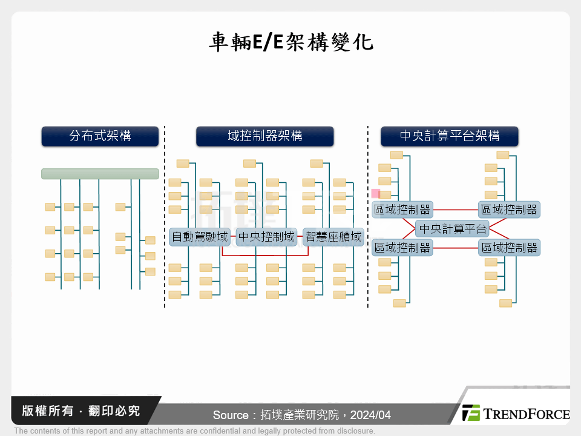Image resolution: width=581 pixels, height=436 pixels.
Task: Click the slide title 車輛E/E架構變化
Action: click(x=290, y=43)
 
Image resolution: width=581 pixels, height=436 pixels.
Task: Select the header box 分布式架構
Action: click(x=100, y=136)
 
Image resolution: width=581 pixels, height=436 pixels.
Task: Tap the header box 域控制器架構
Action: click(x=264, y=136)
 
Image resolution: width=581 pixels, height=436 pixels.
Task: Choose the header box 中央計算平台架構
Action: click(x=450, y=136)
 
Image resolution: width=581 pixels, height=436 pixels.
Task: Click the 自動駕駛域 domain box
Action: click(x=200, y=237)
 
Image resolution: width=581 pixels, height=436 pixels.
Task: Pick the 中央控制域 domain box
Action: click(x=266, y=237)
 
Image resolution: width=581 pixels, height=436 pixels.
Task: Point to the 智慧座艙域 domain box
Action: click(x=333, y=237)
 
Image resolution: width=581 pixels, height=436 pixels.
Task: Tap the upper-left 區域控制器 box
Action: click(x=402, y=210)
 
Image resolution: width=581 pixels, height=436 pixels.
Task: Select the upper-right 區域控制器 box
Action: click(x=508, y=210)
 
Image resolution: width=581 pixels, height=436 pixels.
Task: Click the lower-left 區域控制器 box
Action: click(x=402, y=248)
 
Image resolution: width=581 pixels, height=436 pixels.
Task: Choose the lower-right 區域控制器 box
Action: click(x=508, y=248)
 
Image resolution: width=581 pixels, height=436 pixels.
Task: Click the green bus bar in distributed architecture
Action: click(x=100, y=174)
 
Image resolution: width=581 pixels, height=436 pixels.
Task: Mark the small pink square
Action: click(x=376, y=194)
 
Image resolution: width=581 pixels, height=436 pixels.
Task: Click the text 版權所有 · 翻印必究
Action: click(x=80, y=411)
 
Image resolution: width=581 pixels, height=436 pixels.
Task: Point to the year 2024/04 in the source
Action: click(x=370, y=415)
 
